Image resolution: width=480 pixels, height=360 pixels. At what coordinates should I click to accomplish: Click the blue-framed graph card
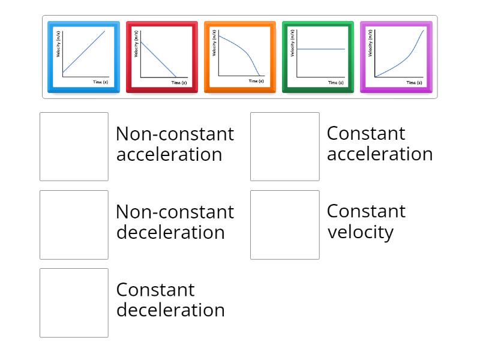tap(83, 57)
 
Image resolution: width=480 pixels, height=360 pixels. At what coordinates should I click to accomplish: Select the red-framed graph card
tap(161, 57)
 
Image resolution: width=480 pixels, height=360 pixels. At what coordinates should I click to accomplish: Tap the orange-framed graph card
tap(239, 57)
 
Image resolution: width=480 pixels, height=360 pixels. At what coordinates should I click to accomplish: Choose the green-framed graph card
tap(318, 57)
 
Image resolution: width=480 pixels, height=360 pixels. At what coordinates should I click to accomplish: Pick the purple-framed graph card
tap(396, 57)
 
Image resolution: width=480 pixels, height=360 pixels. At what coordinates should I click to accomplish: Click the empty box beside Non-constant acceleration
tap(74, 146)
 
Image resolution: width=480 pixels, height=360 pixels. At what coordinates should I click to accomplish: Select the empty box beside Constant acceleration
tap(285, 146)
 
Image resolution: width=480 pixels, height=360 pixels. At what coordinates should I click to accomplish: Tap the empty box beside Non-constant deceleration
tap(74, 224)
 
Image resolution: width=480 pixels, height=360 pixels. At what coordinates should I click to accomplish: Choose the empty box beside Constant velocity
tap(285, 224)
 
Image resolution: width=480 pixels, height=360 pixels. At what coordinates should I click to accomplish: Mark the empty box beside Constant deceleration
tap(74, 302)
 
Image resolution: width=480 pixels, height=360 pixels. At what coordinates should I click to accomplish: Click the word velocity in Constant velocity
tap(360, 232)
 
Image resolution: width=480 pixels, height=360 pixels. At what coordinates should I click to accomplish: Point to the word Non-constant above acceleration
tap(175, 134)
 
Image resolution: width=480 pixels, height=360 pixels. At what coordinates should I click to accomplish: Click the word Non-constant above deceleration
tap(175, 212)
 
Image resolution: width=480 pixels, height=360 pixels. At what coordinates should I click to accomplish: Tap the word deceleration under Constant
tap(170, 310)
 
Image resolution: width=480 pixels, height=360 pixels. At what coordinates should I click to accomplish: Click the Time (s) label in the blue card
tap(101, 81)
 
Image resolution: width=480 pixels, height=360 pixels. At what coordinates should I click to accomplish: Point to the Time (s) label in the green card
tap(336, 82)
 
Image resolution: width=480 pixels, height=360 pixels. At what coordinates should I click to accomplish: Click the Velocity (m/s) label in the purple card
tap(370, 44)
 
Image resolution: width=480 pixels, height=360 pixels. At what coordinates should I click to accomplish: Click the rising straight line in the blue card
tap(84, 52)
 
